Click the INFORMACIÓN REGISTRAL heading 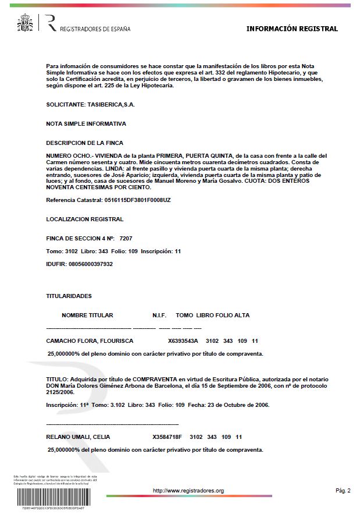291,29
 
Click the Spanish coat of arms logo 26,23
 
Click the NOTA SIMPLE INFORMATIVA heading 85,123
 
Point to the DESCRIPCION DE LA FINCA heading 84,143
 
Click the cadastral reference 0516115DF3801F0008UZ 137,200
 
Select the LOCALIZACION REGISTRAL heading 84,219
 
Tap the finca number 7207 126,239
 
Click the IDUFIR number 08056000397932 91,264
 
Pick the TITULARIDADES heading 69,296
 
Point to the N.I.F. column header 159,316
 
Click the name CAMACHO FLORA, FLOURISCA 90,341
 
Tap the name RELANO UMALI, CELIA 78,437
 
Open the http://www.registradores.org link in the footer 188,491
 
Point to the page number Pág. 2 343,491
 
